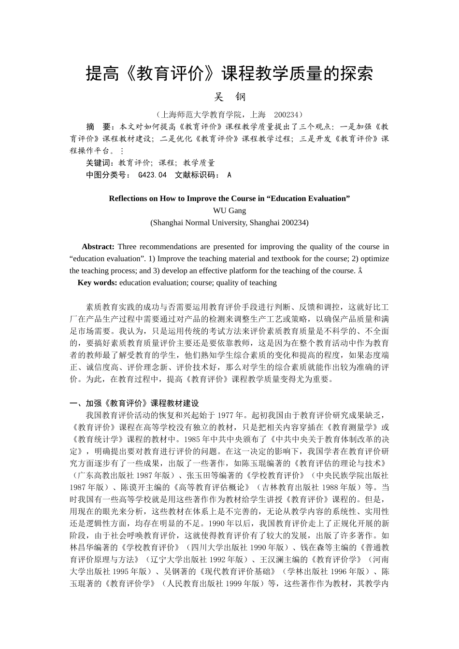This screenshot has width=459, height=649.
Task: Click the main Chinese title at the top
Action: click(x=229, y=74)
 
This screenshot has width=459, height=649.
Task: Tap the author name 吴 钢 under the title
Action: click(x=229, y=97)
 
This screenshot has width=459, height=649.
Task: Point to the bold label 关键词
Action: click(x=100, y=163)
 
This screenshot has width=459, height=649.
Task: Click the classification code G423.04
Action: click(x=152, y=175)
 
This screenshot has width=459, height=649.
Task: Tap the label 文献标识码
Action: click(x=197, y=175)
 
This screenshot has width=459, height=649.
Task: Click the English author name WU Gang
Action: click(x=229, y=211)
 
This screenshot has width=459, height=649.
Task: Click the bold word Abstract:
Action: click(x=98, y=247)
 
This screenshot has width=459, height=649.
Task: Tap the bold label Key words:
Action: click(x=97, y=283)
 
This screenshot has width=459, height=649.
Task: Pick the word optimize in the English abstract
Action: click(x=374, y=259)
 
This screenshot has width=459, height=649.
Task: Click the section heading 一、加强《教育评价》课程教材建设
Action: click(x=134, y=403)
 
